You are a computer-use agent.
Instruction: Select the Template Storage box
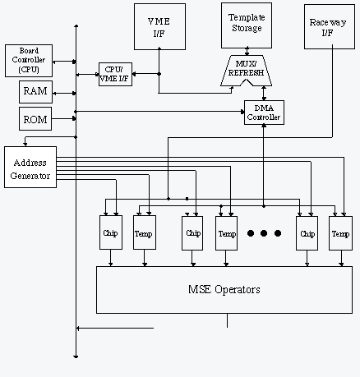coord(247,25)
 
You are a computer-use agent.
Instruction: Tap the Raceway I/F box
coord(330,26)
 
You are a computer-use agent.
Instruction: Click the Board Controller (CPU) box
coord(29,61)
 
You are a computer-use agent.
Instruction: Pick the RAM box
coord(35,92)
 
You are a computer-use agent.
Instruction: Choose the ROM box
coord(35,118)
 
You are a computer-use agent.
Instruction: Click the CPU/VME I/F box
coord(115,74)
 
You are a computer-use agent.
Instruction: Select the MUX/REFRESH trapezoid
coord(247,71)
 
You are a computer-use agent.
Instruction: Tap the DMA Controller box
coord(264,113)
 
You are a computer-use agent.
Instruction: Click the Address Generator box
coord(30,167)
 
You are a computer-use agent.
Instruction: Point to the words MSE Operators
coord(224,289)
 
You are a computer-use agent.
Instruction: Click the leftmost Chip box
coord(111,232)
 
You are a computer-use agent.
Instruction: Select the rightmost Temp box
coord(340,233)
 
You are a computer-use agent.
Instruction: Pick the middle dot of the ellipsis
coord(264,233)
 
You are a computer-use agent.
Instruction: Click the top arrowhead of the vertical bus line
coord(76,26)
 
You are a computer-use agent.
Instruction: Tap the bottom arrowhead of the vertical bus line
coord(76,356)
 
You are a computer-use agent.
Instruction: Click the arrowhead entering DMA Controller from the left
coord(242,112)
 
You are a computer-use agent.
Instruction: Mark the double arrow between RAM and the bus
coord(64,94)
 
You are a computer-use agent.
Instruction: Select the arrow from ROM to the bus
coord(64,118)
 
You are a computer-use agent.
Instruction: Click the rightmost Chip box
coord(307,233)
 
